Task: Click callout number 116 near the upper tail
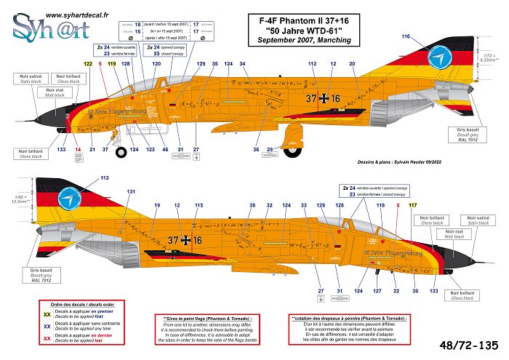click(x=406, y=36)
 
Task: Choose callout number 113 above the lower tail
click(x=105, y=177)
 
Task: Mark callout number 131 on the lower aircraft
click(x=130, y=191)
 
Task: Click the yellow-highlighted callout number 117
click(x=413, y=206)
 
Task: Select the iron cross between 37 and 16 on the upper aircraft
click(x=324, y=98)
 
